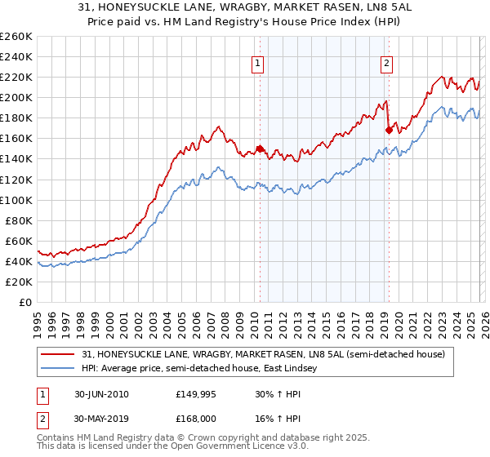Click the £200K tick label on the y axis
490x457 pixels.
tap(16, 97)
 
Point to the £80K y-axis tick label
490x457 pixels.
tap(19, 220)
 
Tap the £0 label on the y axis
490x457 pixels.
tap(26, 302)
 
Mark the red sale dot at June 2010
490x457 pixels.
tap(261, 149)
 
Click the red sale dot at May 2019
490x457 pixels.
tap(389, 129)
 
